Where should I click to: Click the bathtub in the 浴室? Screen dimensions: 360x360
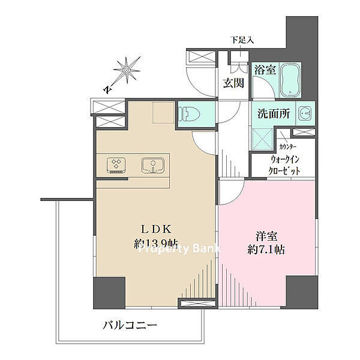click(x=290, y=80)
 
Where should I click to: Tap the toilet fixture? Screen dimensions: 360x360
click(x=189, y=114)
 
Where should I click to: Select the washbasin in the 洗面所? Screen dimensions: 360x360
click(x=305, y=113)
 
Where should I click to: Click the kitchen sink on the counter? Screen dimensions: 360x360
click(x=153, y=166)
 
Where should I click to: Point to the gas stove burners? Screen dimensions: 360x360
click(x=116, y=166)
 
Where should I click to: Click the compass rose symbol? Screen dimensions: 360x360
click(x=127, y=70)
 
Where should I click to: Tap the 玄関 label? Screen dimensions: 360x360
click(x=233, y=83)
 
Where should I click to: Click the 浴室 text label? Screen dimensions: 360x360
click(x=265, y=70)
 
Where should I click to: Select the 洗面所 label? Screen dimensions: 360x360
click(x=274, y=113)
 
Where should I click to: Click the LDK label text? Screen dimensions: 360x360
click(x=156, y=229)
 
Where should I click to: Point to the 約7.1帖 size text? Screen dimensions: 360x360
click(x=266, y=250)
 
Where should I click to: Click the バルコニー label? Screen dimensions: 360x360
click(x=130, y=325)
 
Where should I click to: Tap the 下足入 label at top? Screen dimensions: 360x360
click(x=242, y=40)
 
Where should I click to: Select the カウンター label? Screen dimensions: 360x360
click(x=287, y=147)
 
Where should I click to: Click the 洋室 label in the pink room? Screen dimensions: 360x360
click(x=266, y=236)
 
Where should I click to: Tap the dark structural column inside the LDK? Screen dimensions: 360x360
click(x=109, y=293)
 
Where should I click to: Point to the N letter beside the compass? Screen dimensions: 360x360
click(x=107, y=90)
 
